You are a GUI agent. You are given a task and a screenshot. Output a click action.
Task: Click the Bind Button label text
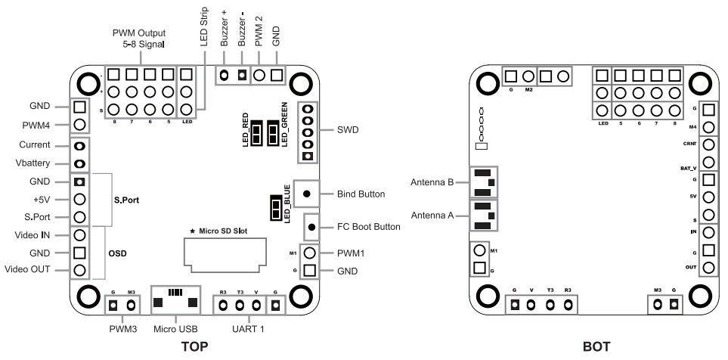pyautogui.click(x=361, y=194)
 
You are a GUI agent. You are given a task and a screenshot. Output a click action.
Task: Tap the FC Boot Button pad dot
pyautogui.click(x=312, y=227)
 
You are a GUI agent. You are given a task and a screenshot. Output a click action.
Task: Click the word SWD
pyautogui.click(x=348, y=130)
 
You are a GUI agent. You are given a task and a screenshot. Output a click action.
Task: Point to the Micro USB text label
pyautogui.click(x=175, y=329)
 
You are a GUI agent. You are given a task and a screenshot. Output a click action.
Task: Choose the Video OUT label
pyautogui.click(x=27, y=269)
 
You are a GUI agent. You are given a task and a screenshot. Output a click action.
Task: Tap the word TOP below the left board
pyautogui.click(x=194, y=346)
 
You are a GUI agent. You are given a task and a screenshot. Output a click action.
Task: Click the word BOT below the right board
pyautogui.click(x=596, y=346)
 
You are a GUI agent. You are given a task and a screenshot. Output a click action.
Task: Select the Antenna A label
pyautogui.click(x=432, y=216)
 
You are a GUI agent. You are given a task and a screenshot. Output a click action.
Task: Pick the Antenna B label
pyautogui.click(x=432, y=182)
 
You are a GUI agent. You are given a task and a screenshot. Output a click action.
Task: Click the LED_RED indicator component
pyautogui.click(x=256, y=133)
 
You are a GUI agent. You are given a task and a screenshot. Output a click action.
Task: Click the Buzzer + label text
pyautogui.click(x=225, y=29)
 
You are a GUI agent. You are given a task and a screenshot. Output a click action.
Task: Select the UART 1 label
pyautogui.click(x=249, y=329)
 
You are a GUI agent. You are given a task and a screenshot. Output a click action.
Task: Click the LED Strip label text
pyautogui.click(x=204, y=26)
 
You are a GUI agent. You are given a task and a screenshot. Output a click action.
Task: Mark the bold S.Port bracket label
pyautogui.click(x=127, y=200)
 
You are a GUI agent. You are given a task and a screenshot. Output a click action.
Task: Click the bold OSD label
pyautogui.click(x=117, y=253)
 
